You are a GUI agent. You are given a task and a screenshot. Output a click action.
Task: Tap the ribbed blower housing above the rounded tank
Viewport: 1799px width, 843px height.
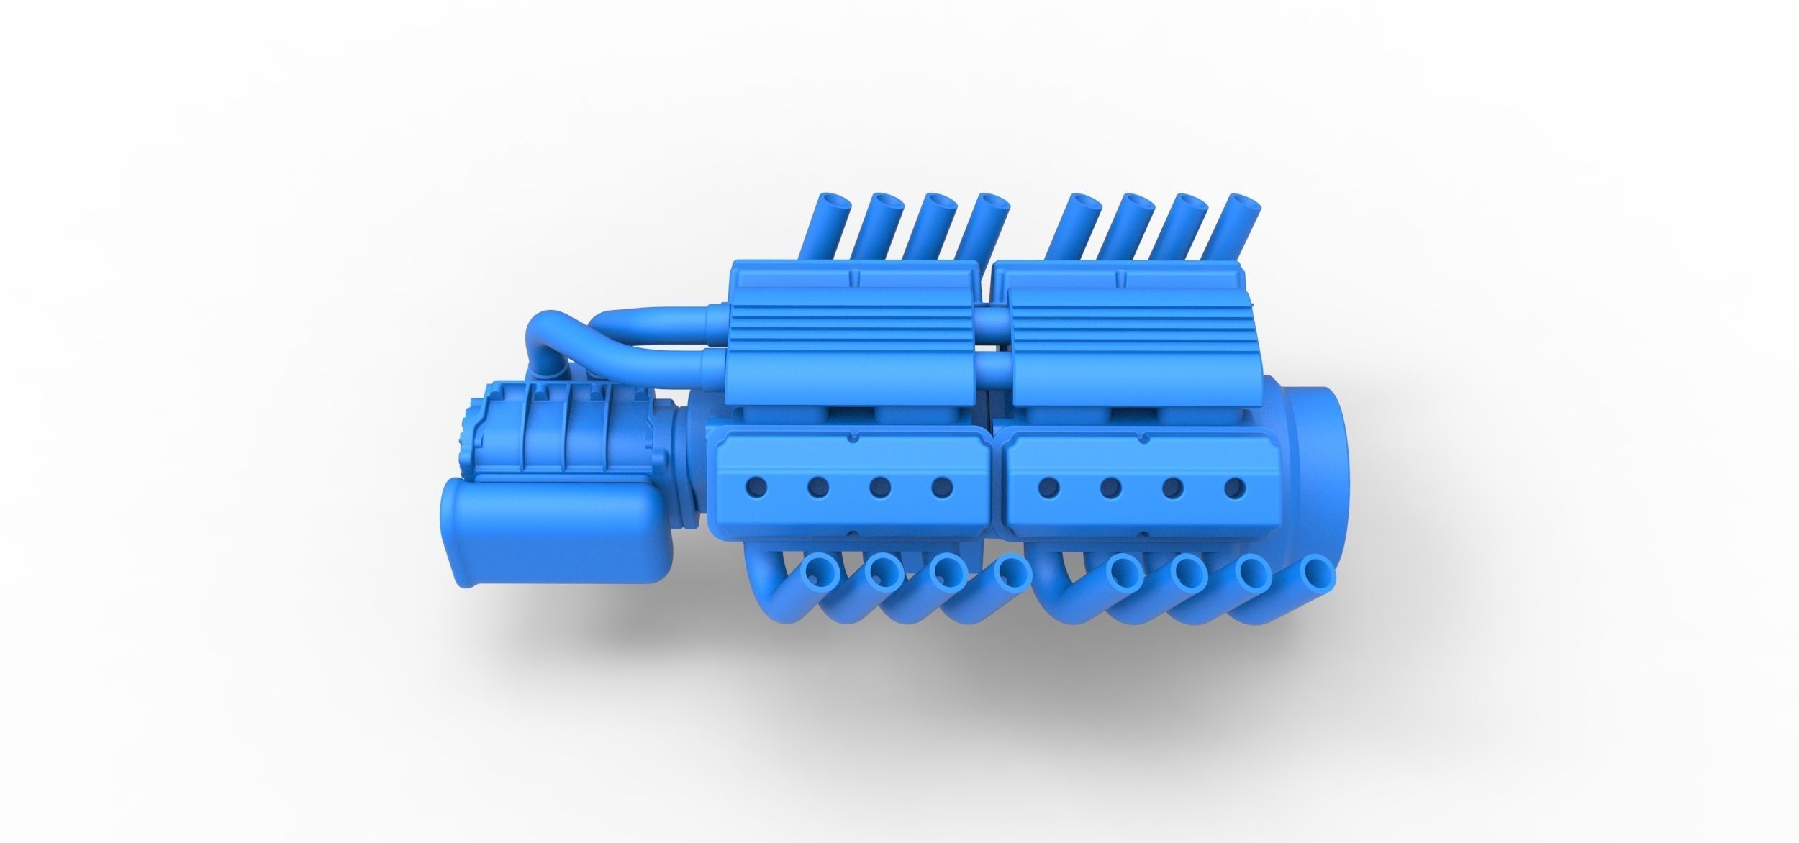tap(540, 435)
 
